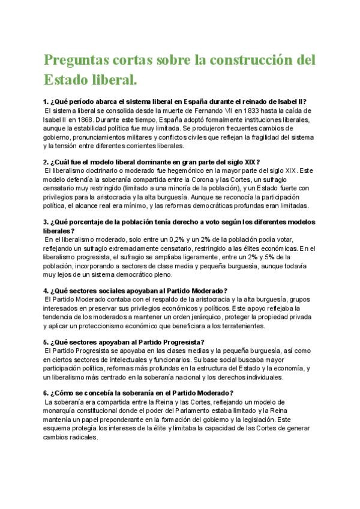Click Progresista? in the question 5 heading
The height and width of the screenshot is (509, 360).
tap(181, 342)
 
